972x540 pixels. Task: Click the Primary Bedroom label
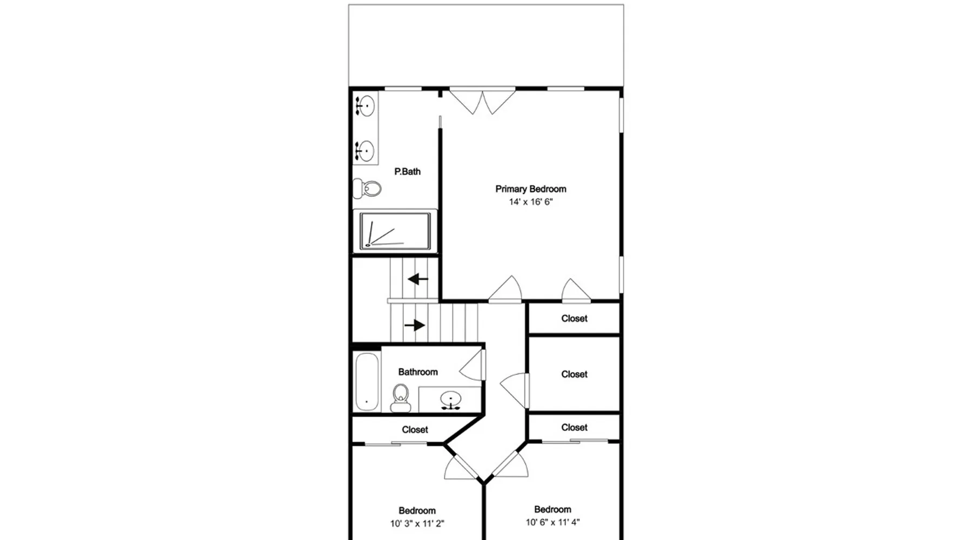point(531,189)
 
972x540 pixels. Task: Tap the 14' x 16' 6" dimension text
point(531,202)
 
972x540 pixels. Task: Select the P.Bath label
point(407,172)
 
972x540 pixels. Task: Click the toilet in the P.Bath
point(367,188)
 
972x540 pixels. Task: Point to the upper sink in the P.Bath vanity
point(366,106)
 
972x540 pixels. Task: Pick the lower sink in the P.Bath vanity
point(366,151)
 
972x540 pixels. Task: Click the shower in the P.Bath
point(395,231)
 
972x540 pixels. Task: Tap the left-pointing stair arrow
point(418,279)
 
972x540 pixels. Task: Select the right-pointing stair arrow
point(415,325)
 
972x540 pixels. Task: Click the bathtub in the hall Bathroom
point(367,382)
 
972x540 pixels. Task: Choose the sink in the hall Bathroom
point(450,400)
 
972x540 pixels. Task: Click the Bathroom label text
point(418,372)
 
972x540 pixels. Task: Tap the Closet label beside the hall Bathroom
point(415,430)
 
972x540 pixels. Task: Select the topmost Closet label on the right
point(574,319)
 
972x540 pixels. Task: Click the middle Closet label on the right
point(574,374)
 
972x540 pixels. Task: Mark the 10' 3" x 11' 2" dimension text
point(417,523)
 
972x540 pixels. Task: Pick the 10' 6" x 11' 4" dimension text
point(553,522)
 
